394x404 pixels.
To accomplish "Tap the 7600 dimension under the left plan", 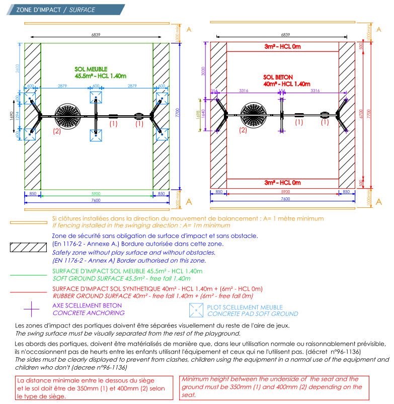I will coord(96,200).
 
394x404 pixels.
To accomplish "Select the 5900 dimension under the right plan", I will coord(285,192).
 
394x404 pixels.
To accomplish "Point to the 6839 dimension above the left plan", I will coord(96,35).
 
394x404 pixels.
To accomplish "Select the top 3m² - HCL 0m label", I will coord(282,47).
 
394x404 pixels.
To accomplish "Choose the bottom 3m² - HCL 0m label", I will coord(282,182).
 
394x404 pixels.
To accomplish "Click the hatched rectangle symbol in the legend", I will coord(29,247).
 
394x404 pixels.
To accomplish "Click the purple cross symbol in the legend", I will coord(32,308).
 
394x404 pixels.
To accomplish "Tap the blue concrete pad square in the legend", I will coord(196,310).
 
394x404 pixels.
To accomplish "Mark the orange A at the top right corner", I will coord(379,29).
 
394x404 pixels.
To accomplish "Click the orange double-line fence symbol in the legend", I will coord(29,222).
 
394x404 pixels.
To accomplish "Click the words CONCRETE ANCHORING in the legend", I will coord(89,312).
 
